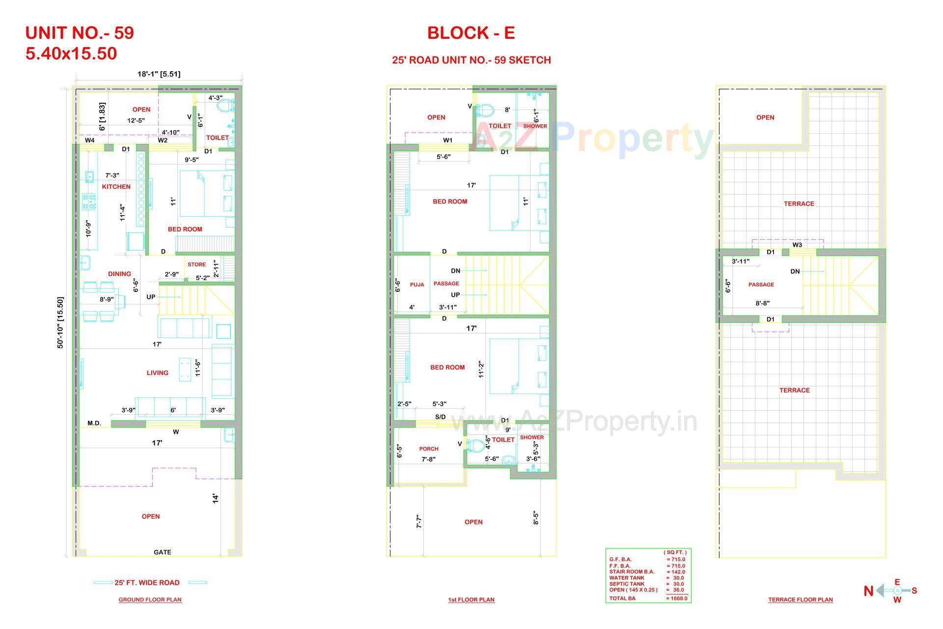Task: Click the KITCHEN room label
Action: coord(116,187)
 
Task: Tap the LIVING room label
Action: coord(157,373)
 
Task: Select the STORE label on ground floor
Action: coord(196,264)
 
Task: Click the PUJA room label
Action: coord(416,285)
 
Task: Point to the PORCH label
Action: coord(429,449)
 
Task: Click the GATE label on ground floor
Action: coord(163,552)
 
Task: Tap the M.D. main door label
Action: coord(94,423)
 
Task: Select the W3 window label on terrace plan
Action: coord(797,245)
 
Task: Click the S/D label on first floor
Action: coord(441,417)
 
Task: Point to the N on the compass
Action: coord(868,591)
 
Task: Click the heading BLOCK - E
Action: coord(471,33)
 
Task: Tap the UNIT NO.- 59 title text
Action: coord(80,33)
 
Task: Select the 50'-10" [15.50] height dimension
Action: coord(60,323)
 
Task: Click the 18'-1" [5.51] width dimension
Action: coord(159,74)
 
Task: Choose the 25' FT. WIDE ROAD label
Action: coord(147,583)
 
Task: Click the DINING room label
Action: coord(119,274)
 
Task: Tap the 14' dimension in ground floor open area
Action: coord(215,499)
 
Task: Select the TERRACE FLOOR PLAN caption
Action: coord(800,600)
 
